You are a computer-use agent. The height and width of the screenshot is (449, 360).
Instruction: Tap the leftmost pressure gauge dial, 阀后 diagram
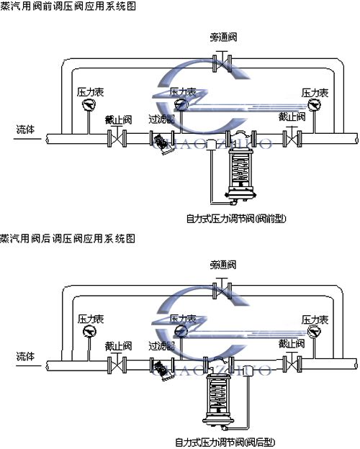[90, 331]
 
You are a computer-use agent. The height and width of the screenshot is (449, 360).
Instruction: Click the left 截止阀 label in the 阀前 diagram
[117, 120]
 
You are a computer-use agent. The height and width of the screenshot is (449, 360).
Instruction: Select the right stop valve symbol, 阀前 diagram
[291, 138]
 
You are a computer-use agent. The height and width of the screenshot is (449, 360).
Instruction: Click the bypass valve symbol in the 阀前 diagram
[225, 64]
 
